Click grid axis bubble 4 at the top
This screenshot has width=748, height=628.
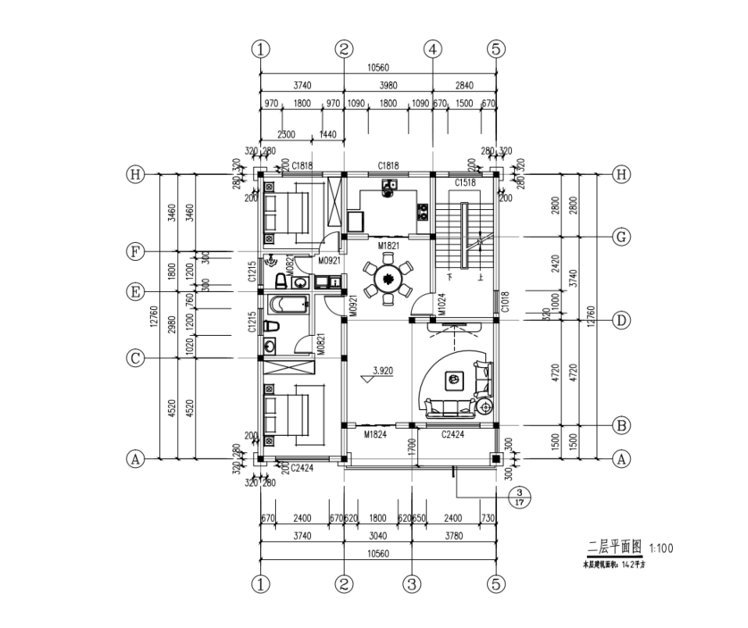[433, 49]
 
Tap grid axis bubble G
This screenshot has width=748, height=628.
[622, 237]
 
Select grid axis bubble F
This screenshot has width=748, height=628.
[136, 252]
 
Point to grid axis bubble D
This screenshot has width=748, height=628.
[622, 320]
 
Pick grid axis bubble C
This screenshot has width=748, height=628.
[136, 358]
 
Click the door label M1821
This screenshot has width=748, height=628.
[387, 244]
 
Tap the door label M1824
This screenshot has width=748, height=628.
[375, 434]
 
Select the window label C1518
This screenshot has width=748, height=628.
[465, 182]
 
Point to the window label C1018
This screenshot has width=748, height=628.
[506, 301]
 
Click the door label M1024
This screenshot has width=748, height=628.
[441, 303]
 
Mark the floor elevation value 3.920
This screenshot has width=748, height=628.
[382, 368]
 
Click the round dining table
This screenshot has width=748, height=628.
[389, 280]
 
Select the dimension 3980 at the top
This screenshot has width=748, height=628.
[387, 85]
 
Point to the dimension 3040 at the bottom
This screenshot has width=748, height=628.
[377, 537]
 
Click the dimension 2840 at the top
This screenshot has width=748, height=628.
[464, 85]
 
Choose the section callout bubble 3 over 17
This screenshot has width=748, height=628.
[518, 497]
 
